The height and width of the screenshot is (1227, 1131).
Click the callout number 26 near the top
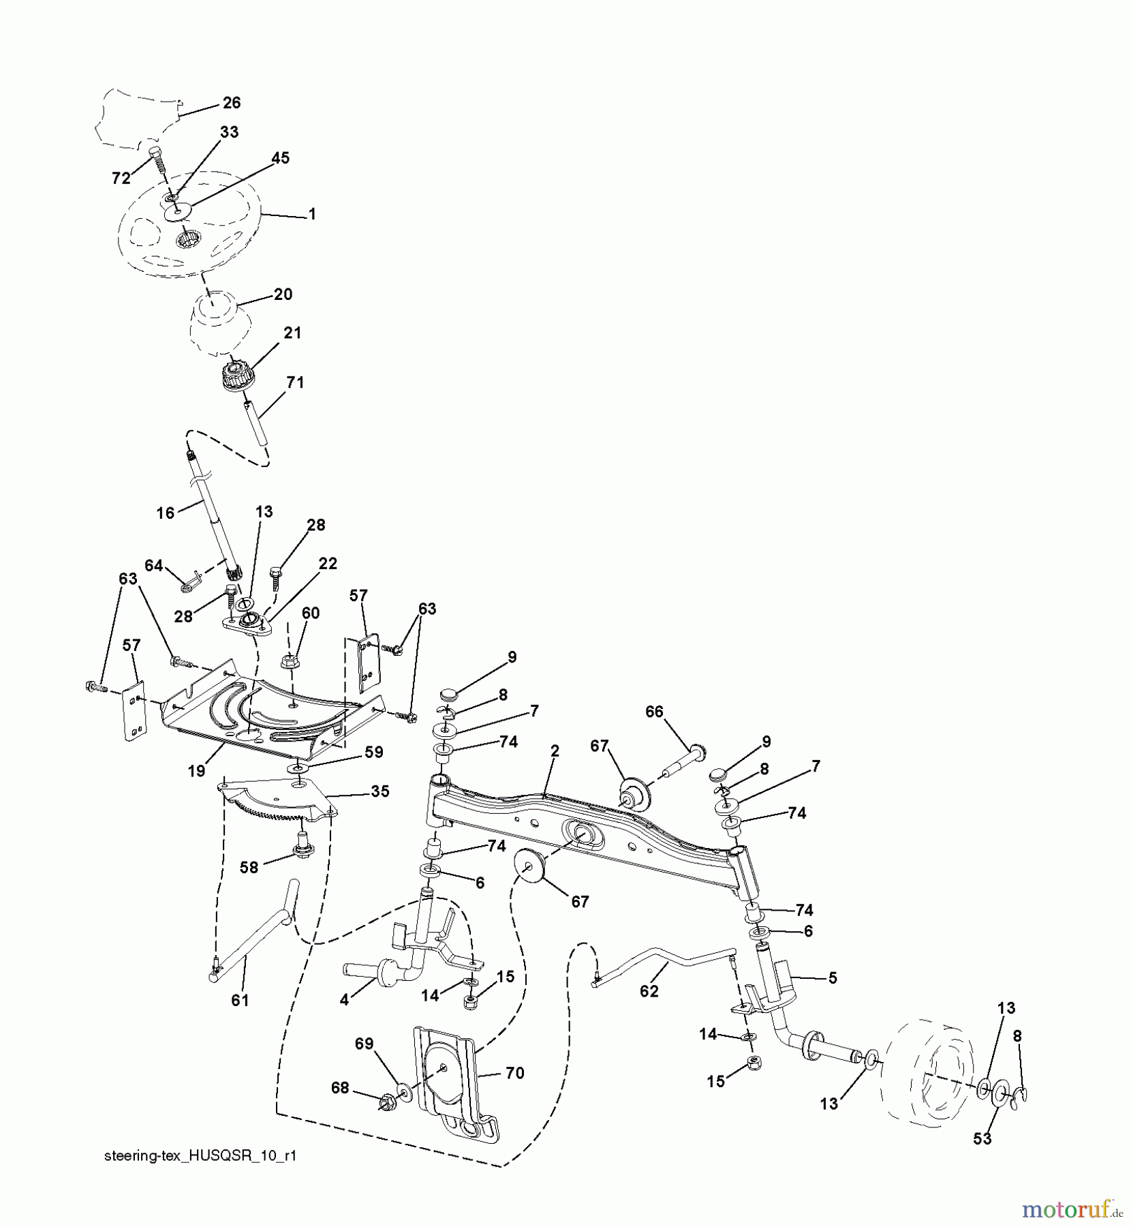(x=232, y=102)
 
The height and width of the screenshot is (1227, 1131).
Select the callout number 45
(x=280, y=157)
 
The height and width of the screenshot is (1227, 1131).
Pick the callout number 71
(x=294, y=382)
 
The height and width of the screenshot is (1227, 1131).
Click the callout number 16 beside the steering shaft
(x=166, y=513)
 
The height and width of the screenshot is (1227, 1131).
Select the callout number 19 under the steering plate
(x=197, y=771)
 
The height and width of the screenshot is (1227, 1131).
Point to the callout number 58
(x=249, y=868)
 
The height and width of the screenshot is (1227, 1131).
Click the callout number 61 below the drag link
(x=240, y=1000)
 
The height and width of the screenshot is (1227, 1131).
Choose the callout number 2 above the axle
(x=555, y=751)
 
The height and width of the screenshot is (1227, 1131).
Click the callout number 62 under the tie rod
(x=649, y=991)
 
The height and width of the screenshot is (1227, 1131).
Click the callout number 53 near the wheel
(x=982, y=1138)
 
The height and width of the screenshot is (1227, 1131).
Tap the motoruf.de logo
(x=1074, y=1209)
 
